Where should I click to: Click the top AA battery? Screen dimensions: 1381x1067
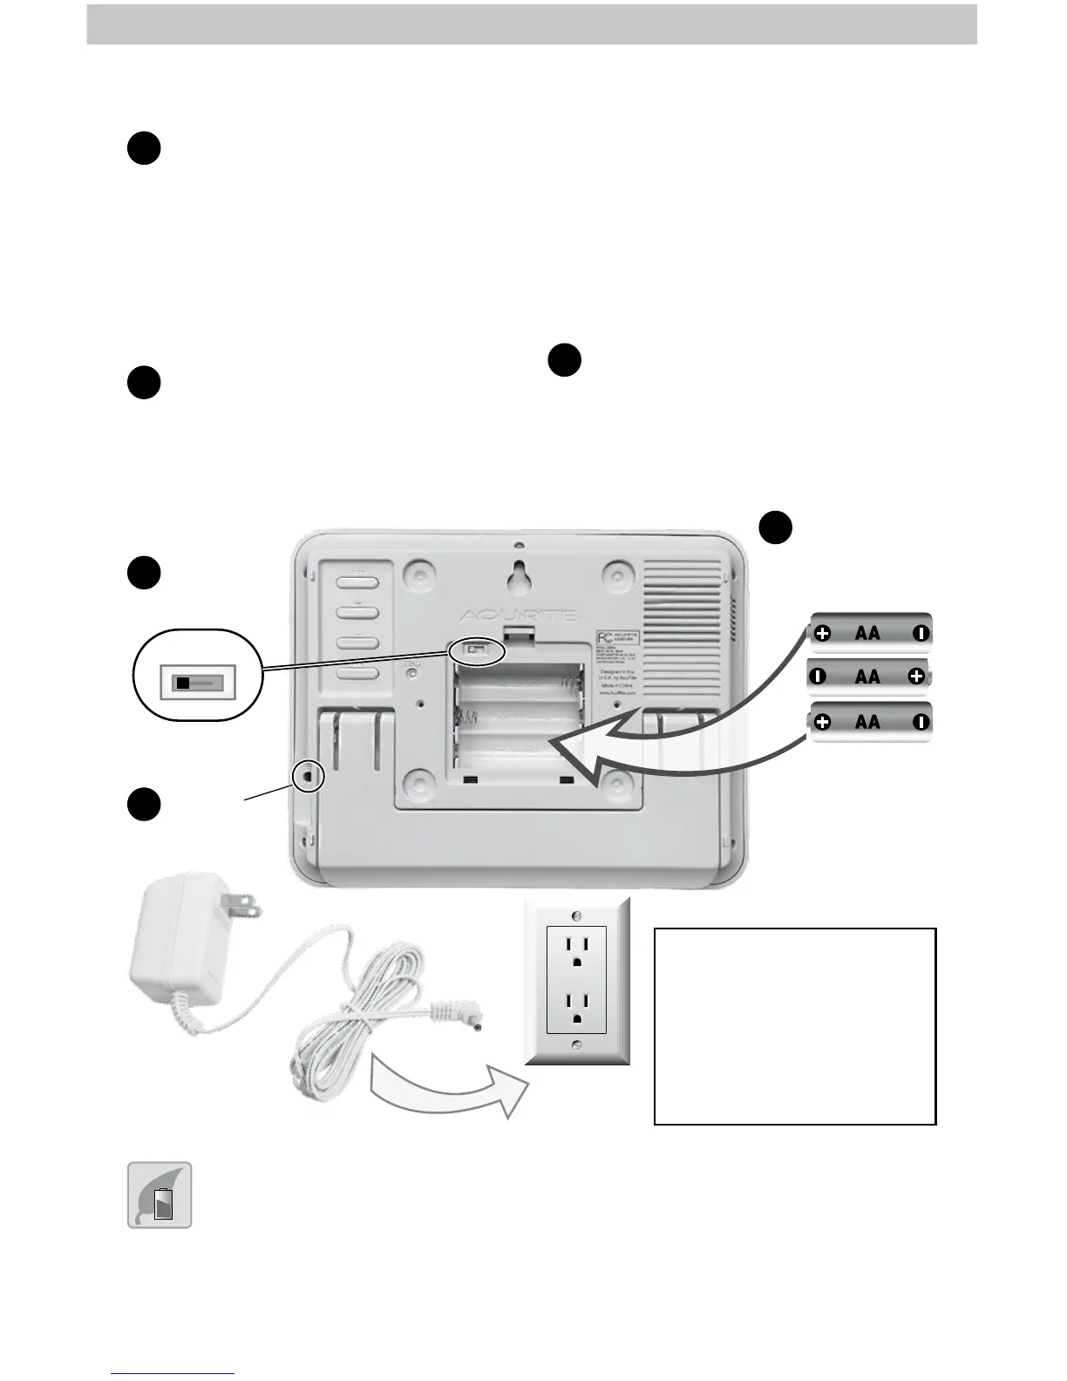pyautogui.click(x=870, y=633)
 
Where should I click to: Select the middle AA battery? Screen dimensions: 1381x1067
pyautogui.click(x=868, y=676)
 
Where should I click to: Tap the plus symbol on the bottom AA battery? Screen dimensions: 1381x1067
pyautogui.click(x=823, y=722)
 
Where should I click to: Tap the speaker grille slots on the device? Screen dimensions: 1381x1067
pyautogui.click(x=687, y=602)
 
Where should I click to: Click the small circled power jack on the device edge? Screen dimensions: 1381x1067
pyautogui.click(x=308, y=774)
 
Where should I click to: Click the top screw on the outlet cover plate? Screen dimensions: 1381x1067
pyautogui.click(x=576, y=915)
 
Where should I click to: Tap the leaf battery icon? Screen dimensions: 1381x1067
pyautogui.click(x=160, y=1195)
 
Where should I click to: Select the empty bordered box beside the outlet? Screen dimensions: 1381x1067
pyautogui.click(x=794, y=1026)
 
